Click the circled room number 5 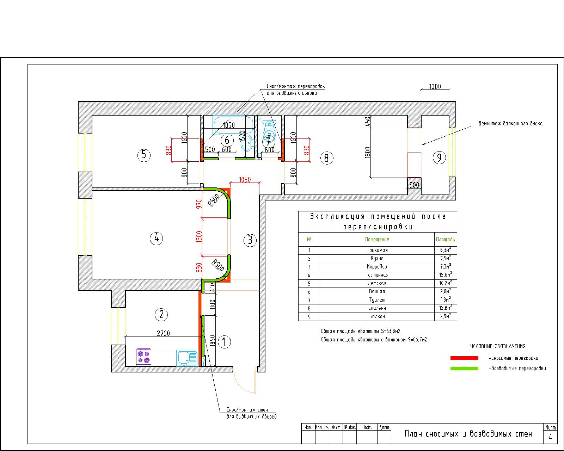tap(144, 155)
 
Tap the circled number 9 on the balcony tap(439, 157)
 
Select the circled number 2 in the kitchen tap(161, 314)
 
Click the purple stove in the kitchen tap(143, 357)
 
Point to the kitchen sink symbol tap(187, 358)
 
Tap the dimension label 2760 tap(163, 333)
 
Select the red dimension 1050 tap(245, 179)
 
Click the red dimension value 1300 tap(199, 236)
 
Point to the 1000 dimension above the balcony tap(435, 86)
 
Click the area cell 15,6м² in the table tap(446, 274)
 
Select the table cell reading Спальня tap(377, 308)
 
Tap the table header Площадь tap(445, 239)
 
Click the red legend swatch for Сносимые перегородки tap(464, 358)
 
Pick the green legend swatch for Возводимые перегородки tap(464, 369)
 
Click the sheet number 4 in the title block tap(550, 437)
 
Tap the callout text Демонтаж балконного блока tap(510, 123)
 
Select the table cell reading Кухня tap(377, 258)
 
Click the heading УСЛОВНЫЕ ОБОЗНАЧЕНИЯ tap(498, 346)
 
